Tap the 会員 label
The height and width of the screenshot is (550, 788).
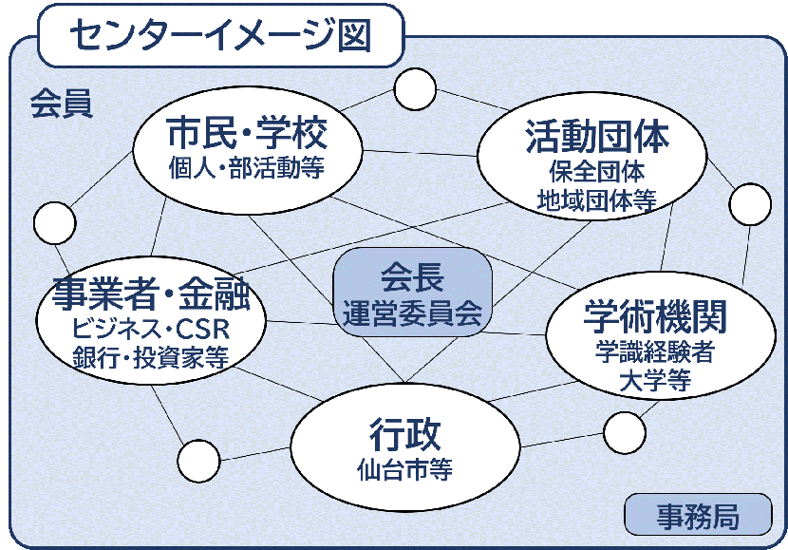click(x=61, y=104)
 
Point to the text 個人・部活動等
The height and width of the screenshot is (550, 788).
click(x=247, y=168)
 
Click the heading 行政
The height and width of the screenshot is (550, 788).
click(x=405, y=435)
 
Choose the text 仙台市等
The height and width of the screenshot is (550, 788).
click(x=405, y=469)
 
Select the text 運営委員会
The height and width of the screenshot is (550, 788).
click(x=412, y=310)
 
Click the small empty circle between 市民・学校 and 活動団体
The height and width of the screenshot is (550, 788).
click(x=415, y=89)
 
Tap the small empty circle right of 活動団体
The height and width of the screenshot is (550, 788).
click(x=750, y=204)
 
